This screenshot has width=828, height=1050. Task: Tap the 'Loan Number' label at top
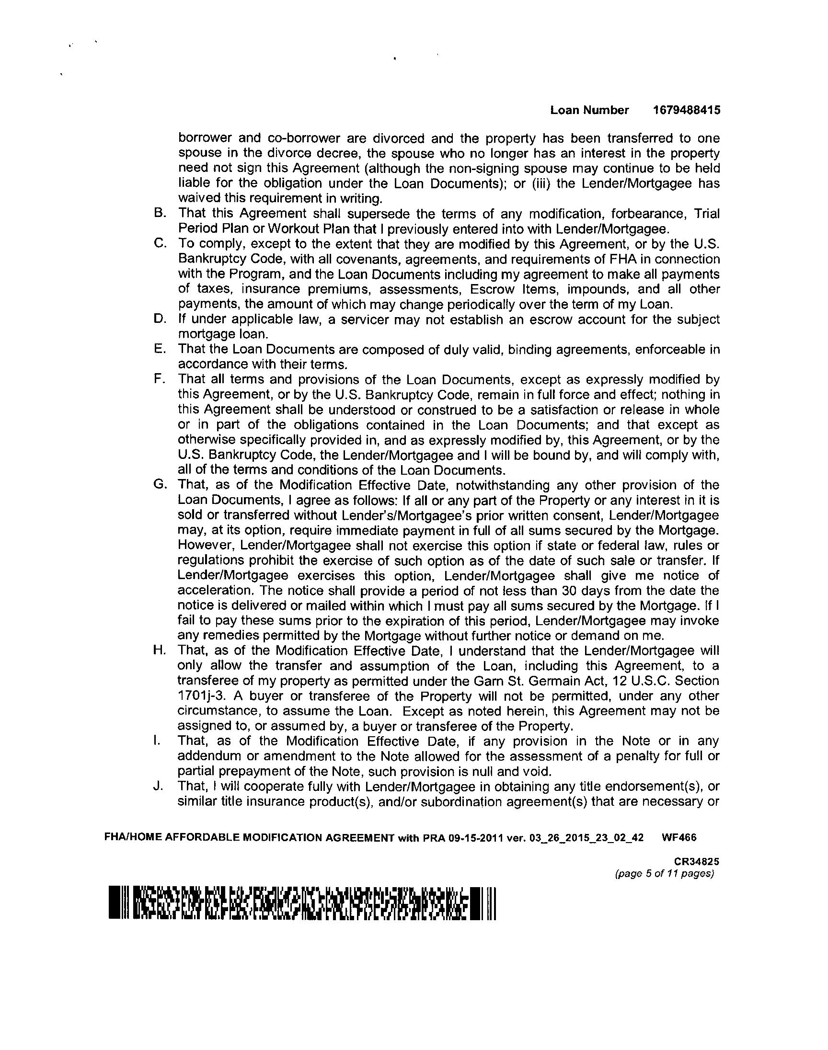click(x=589, y=111)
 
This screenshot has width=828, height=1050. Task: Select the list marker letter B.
click(x=158, y=213)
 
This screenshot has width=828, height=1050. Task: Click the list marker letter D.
click(x=158, y=320)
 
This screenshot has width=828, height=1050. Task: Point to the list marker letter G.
click(x=158, y=485)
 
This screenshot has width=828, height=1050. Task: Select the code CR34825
click(x=697, y=862)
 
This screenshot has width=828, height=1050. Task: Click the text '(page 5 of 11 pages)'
click(x=664, y=874)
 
